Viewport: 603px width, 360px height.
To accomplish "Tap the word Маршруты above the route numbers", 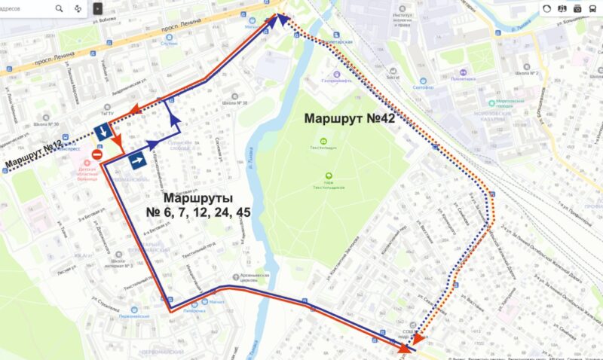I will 199,197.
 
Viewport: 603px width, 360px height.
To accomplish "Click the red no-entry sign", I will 96,154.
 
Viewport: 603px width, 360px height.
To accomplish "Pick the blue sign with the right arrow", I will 137,160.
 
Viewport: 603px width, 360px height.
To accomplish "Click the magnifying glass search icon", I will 60,8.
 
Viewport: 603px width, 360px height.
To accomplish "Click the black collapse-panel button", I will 97,8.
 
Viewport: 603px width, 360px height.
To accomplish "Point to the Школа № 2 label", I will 527,73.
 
